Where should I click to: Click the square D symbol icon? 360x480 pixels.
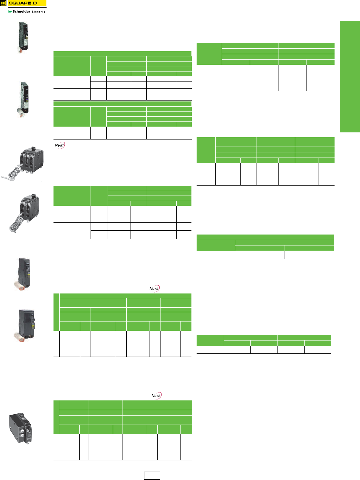pyautogui.click(x=4, y=3)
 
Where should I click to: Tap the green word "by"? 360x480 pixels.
pyautogui.click(x=10, y=12)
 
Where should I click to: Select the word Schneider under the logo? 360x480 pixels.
pyautogui.click(x=21, y=12)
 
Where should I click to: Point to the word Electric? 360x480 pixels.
pyautogui.click(x=38, y=12)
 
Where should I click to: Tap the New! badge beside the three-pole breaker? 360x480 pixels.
pyautogui.click(x=60, y=145)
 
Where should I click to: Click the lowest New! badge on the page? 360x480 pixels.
pyautogui.click(x=156, y=396)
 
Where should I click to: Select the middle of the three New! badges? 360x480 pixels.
pyautogui.click(x=154, y=288)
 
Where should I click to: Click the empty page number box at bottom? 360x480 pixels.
pyautogui.click(x=152, y=475)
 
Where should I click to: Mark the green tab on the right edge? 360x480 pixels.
pyautogui.click(x=350, y=77)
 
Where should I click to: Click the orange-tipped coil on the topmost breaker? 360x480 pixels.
pyautogui.click(x=21, y=50)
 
